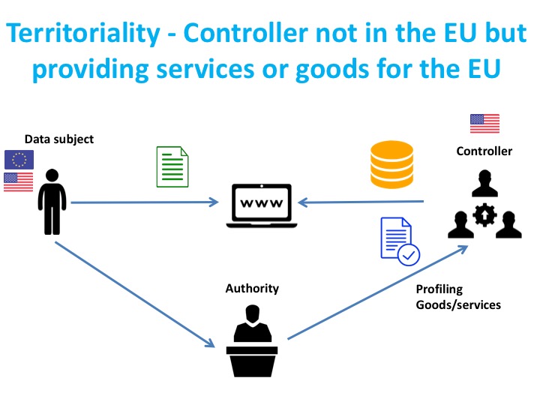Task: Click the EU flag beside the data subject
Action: (x=19, y=159)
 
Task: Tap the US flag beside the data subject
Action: (x=19, y=181)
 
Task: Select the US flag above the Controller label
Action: (x=484, y=123)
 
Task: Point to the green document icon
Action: (x=172, y=166)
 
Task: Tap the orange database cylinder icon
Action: (x=391, y=164)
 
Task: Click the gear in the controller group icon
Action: (x=484, y=217)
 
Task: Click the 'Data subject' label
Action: (x=59, y=139)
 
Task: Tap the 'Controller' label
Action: (x=484, y=151)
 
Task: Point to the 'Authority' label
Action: (x=252, y=289)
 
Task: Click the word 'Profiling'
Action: (x=439, y=289)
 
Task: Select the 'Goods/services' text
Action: (x=458, y=304)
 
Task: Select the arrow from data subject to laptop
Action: (x=142, y=202)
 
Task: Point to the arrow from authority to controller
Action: (x=375, y=292)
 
